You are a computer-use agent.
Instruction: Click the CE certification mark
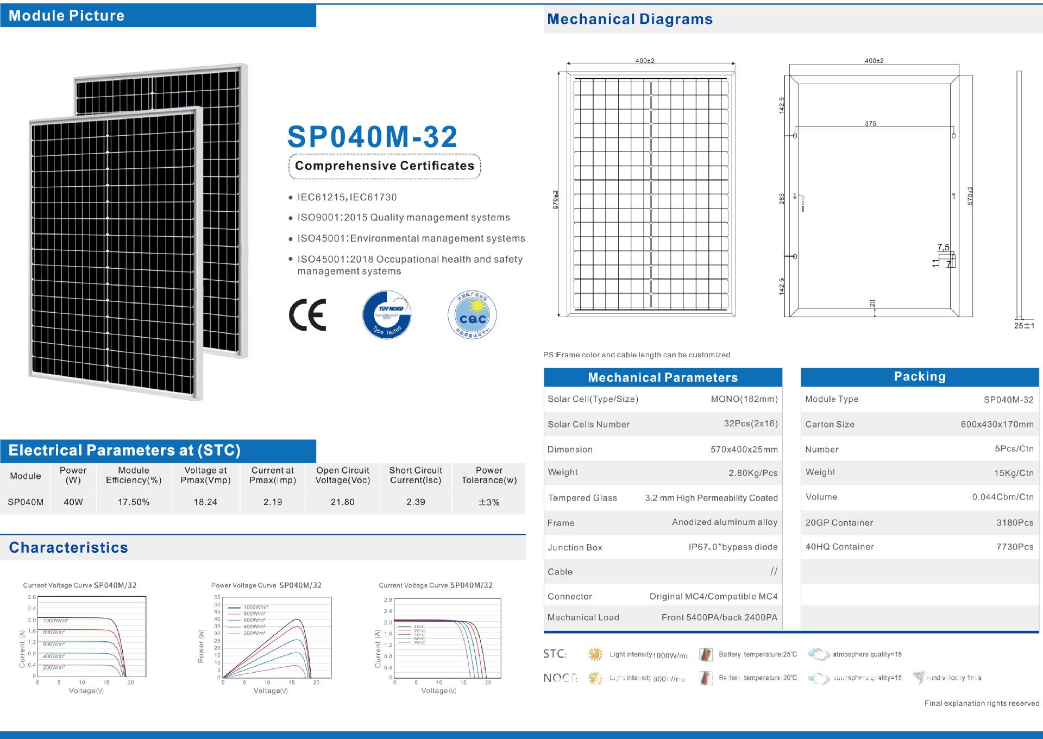pos(307,314)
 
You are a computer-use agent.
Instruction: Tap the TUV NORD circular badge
pos(387,314)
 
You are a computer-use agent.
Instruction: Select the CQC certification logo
pos(472,315)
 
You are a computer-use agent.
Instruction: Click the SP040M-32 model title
pos(372,137)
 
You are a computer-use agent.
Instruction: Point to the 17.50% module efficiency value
pos(134,502)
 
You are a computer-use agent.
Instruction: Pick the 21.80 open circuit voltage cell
pos(342,502)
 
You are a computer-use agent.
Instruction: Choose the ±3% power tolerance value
pos(489,502)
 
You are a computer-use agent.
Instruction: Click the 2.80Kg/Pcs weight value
pos(753,473)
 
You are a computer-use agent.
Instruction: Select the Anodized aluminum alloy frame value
pos(725,522)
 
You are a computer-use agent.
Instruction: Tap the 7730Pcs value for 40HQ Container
pos(1015,547)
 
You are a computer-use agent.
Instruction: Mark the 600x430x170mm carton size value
pos(997,425)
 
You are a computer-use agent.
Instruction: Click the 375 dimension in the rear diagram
pos(870,124)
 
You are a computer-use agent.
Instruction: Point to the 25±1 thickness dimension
pos(1025,326)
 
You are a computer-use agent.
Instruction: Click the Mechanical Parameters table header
pos(663,377)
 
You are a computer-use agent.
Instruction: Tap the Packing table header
pos(920,377)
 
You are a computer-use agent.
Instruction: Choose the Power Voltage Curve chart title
pos(266,585)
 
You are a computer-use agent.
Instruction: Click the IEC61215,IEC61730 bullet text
pos(347,198)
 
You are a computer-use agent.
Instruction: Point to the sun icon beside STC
pos(595,654)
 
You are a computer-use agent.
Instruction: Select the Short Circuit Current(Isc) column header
pos(416,475)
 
